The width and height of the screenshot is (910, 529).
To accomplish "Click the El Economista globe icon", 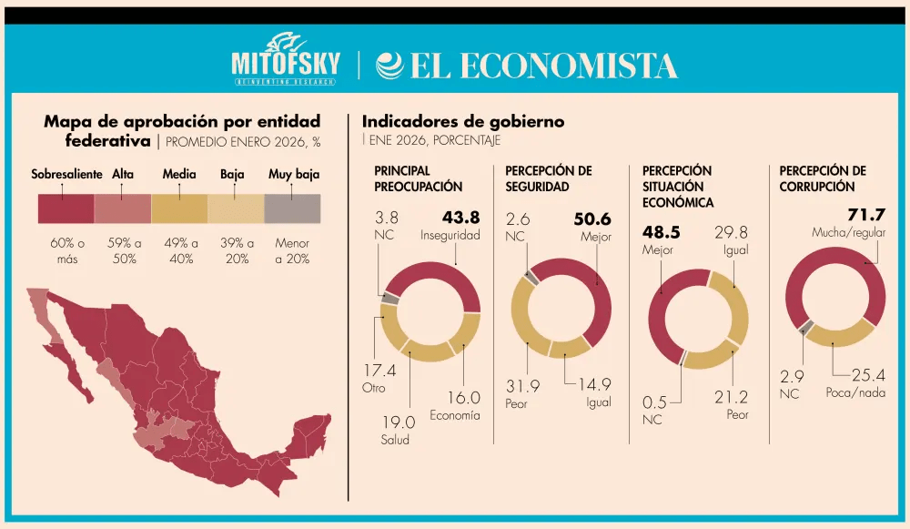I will [x=389, y=65].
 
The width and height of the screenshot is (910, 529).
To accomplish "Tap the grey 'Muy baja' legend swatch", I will [x=292, y=209].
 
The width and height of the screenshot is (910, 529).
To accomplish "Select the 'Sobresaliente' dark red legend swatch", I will [x=66, y=209].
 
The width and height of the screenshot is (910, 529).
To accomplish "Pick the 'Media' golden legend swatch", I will [x=179, y=209].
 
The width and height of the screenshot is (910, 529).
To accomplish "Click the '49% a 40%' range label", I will [x=179, y=250].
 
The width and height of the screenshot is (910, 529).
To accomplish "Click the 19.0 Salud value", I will [x=397, y=422].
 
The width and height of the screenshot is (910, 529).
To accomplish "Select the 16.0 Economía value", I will [x=462, y=398].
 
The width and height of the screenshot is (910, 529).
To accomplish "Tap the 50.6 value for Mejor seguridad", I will [x=592, y=219].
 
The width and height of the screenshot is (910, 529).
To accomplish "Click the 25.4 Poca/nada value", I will [x=868, y=375].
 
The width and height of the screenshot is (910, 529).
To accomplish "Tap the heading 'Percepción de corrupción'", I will [x=823, y=178].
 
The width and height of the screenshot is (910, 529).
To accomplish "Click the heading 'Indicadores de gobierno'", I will [x=463, y=121].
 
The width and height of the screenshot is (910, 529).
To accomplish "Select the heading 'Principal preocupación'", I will [x=418, y=178].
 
